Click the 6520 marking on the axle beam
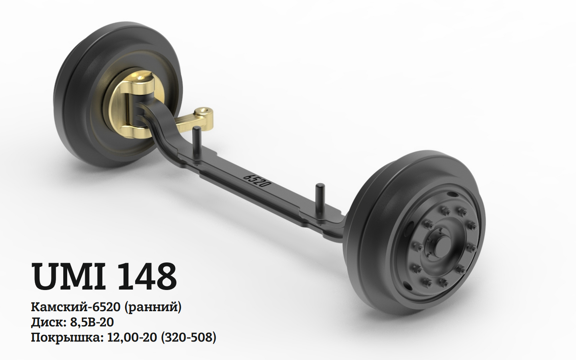click(x=258, y=181)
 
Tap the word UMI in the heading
click(x=68, y=276)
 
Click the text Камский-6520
click(x=76, y=307)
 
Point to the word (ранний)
click(x=153, y=308)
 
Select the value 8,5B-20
click(x=92, y=322)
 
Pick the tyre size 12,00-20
click(x=132, y=338)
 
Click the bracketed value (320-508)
click(x=188, y=338)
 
